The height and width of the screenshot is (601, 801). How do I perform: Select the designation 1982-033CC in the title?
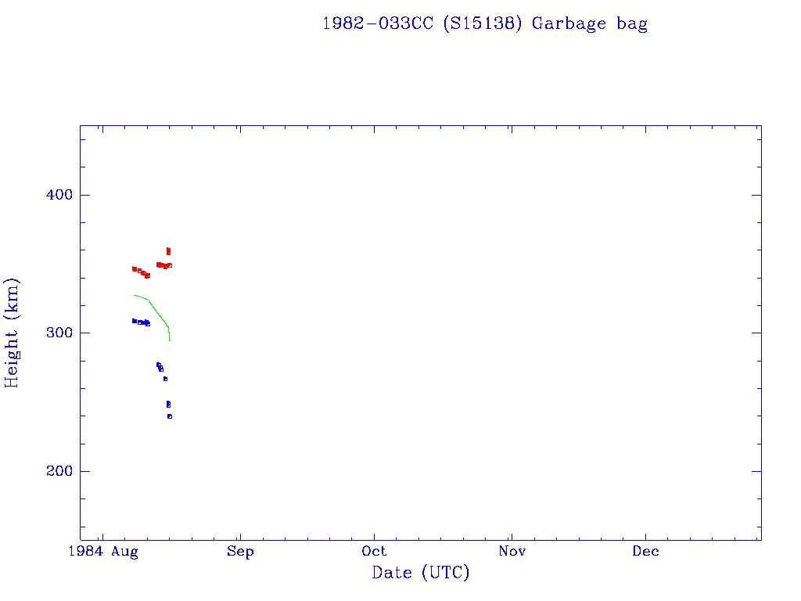(x=378, y=23)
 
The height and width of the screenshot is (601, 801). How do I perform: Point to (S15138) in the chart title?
(x=482, y=23)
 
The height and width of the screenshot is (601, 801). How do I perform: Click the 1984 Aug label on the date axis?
(x=103, y=552)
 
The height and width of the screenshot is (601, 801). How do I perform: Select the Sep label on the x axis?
(x=240, y=552)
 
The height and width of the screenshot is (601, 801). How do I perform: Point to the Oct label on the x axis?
(x=375, y=552)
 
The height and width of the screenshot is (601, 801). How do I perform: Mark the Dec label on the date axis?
(x=646, y=552)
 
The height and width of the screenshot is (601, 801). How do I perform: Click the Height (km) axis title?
(x=13, y=333)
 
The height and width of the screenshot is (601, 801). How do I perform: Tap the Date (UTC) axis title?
(x=421, y=574)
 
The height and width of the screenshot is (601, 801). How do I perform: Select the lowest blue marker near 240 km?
(x=169, y=416)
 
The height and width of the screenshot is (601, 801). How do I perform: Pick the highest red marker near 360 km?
(x=168, y=250)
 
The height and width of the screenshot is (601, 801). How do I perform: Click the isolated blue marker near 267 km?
(x=165, y=379)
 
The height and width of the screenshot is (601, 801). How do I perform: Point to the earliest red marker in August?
(x=134, y=268)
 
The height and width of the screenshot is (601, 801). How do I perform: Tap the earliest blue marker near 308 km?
(x=134, y=321)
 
